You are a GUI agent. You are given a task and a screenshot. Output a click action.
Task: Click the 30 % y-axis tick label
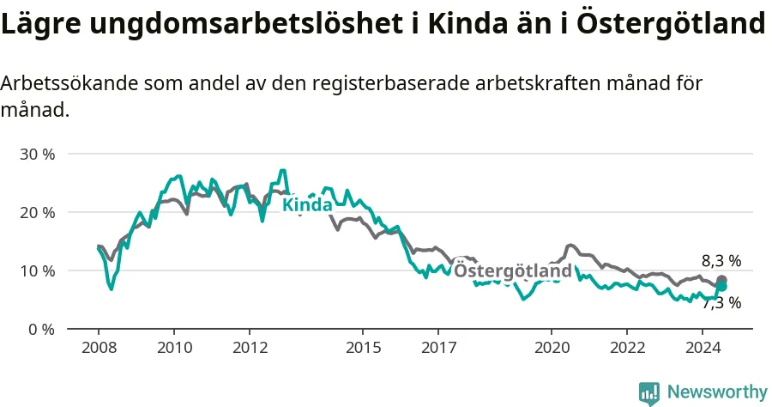pyautogui.click(x=38, y=155)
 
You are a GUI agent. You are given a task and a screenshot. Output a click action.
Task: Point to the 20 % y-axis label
pyautogui.click(x=38, y=212)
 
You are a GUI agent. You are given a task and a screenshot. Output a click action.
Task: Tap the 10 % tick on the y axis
pyautogui.click(x=38, y=271)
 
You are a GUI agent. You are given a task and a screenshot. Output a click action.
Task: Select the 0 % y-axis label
pyautogui.click(x=41, y=329)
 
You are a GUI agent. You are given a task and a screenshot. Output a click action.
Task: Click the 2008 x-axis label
pyautogui.click(x=99, y=348)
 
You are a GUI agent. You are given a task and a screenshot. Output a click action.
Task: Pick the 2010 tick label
pyautogui.click(x=174, y=348)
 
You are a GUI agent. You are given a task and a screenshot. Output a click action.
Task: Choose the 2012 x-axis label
pyautogui.click(x=250, y=348)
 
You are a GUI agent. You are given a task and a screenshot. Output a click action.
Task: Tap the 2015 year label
pyautogui.click(x=364, y=348)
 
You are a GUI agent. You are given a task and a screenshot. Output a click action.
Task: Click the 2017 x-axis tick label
pyautogui.click(x=438, y=348)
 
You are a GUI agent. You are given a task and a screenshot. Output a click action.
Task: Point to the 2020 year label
pyautogui.click(x=552, y=348)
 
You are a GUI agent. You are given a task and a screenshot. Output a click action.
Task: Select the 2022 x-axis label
pyautogui.click(x=627, y=348)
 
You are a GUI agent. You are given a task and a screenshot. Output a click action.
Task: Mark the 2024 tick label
pyautogui.click(x=703, y=348)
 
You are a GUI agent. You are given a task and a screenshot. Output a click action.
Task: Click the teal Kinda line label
pyautogui.click(x=307, y=204)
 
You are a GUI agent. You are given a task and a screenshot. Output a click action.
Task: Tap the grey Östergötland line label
pyautogui.click(x=513, y=271)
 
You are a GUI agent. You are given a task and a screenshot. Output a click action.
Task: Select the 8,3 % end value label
pyautogui.click(x=721, y=261)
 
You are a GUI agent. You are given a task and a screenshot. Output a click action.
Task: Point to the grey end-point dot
pyautogui.click(x=721, y=280)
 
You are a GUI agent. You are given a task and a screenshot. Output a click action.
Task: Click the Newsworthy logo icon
pyautogui.click(x=649, y=393)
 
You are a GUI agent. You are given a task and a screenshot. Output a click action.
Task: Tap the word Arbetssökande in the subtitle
pyautogui.click(x=69, y=84)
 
